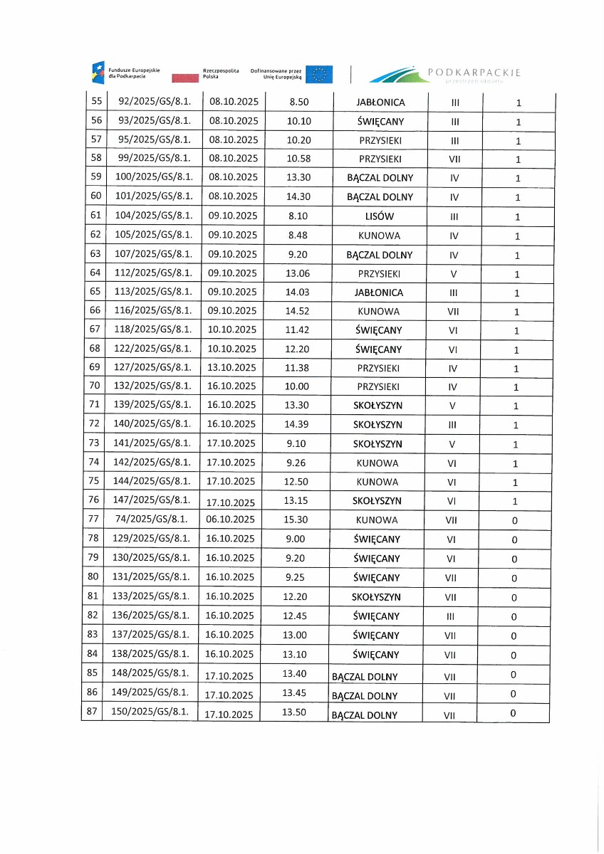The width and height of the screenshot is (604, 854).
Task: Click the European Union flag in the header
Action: pos(319,73)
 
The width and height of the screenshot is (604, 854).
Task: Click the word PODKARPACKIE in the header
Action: pos(474,73)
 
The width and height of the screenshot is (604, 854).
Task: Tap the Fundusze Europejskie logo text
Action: pos(134,73)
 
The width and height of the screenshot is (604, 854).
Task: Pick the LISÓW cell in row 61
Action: pos(380,216)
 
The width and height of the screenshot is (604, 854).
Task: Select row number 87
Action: pos(91,712)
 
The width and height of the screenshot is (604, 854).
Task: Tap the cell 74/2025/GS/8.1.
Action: pos(151,520)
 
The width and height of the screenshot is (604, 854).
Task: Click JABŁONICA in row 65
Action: pos(380,292)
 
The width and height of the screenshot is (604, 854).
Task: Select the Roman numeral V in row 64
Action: pos(454,274)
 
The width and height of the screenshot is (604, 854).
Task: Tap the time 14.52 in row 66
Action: pos(296,312)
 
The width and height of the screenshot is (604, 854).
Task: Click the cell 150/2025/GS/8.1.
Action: pos(152,712)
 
